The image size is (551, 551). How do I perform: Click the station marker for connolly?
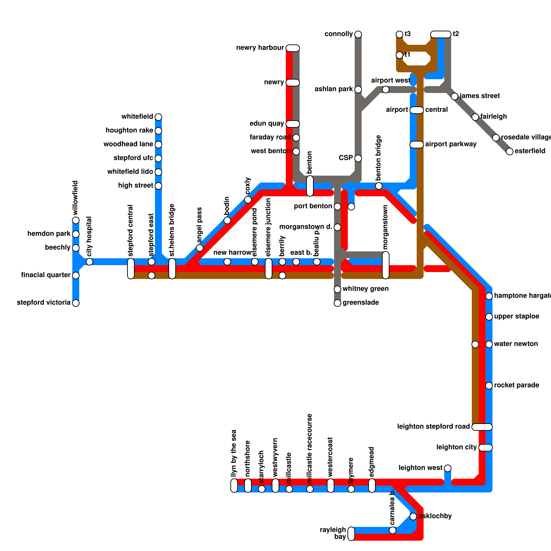[358, 34]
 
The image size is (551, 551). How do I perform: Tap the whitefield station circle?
[158, 117]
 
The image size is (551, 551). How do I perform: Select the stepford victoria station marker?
[76, 303]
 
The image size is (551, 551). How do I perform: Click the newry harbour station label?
[260, 48]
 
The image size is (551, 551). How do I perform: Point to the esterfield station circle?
[510, 152]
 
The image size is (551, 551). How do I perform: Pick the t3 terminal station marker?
[399, 34]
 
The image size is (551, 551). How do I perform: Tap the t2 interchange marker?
[441, 34]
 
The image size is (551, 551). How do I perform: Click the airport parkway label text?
[451, 144]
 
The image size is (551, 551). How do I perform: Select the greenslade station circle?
[337, 303]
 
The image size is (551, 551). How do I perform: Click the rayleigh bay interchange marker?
[351, 534]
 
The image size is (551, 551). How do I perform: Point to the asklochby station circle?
[413, 516]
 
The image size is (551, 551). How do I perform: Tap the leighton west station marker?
[448, 468]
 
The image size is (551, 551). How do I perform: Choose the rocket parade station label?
[517, 385]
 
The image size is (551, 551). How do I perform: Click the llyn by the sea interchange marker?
[234, 486]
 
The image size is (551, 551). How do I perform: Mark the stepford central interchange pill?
[131, 269]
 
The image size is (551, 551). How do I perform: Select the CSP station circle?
[358, 158]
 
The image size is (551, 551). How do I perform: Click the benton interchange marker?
[310, 186]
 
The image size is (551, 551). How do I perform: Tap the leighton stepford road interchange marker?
[482, 427]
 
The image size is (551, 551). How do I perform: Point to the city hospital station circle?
[90, 262]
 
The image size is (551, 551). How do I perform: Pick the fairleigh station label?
[493, 117]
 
